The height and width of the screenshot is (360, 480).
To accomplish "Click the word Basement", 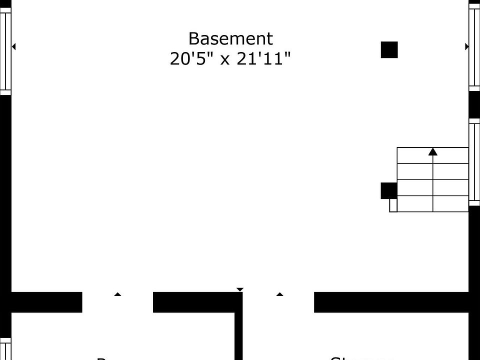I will pyautogui.click(x=230, y=38).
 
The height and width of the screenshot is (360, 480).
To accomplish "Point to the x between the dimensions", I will pyautogui.click(x=225, y=60).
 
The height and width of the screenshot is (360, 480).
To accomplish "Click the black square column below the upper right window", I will pyautogui.click(x=389, y=50).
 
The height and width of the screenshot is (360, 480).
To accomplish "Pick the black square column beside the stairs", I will pyautogui.click(x=388, y=190).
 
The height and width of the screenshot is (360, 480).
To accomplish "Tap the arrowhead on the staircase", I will pyautogui.click(x=433, y=151).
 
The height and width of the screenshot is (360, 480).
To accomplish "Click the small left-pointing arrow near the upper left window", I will pyautogui.click(x=14, y=46).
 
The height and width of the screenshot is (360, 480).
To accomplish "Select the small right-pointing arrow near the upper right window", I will pyautogui.click(x=467, y=46).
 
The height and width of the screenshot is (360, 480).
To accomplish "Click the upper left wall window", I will pyautogui.click(x=5, y=50).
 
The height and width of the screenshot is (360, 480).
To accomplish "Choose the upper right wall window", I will pyautogui.click(x=474, y=47).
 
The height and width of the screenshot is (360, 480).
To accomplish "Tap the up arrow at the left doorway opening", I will pyautogui.click(x=117, y=294).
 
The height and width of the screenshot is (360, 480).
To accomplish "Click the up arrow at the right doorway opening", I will pyautogui.click(x=279, y=294).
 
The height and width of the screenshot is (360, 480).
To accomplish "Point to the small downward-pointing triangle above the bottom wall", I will pyautogui.click(x=240, y=289).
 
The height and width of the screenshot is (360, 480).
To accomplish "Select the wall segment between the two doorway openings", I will pyautogui.click(x=195, y=302).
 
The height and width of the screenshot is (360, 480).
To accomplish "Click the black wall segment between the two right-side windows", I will pyautogui.click(x=474, y=105).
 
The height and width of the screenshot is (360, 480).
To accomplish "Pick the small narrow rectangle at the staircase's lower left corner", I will pyautogui.click(x=393, y=205).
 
